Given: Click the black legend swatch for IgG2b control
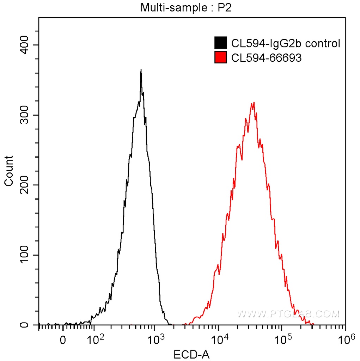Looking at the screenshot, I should pyautogui.click(x=220, y=43).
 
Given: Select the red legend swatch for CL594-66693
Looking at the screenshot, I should pyautogui.click(x=220, y=57).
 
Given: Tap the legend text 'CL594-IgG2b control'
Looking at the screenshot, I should pyautogui.click(x=285, y=43).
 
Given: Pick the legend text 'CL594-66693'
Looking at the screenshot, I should pyautogui.click(x=266, y=57).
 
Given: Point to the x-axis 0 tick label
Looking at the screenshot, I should pyautogui.click(x=63, y=341).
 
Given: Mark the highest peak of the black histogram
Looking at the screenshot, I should pyautogui.click(x=141, y=70).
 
